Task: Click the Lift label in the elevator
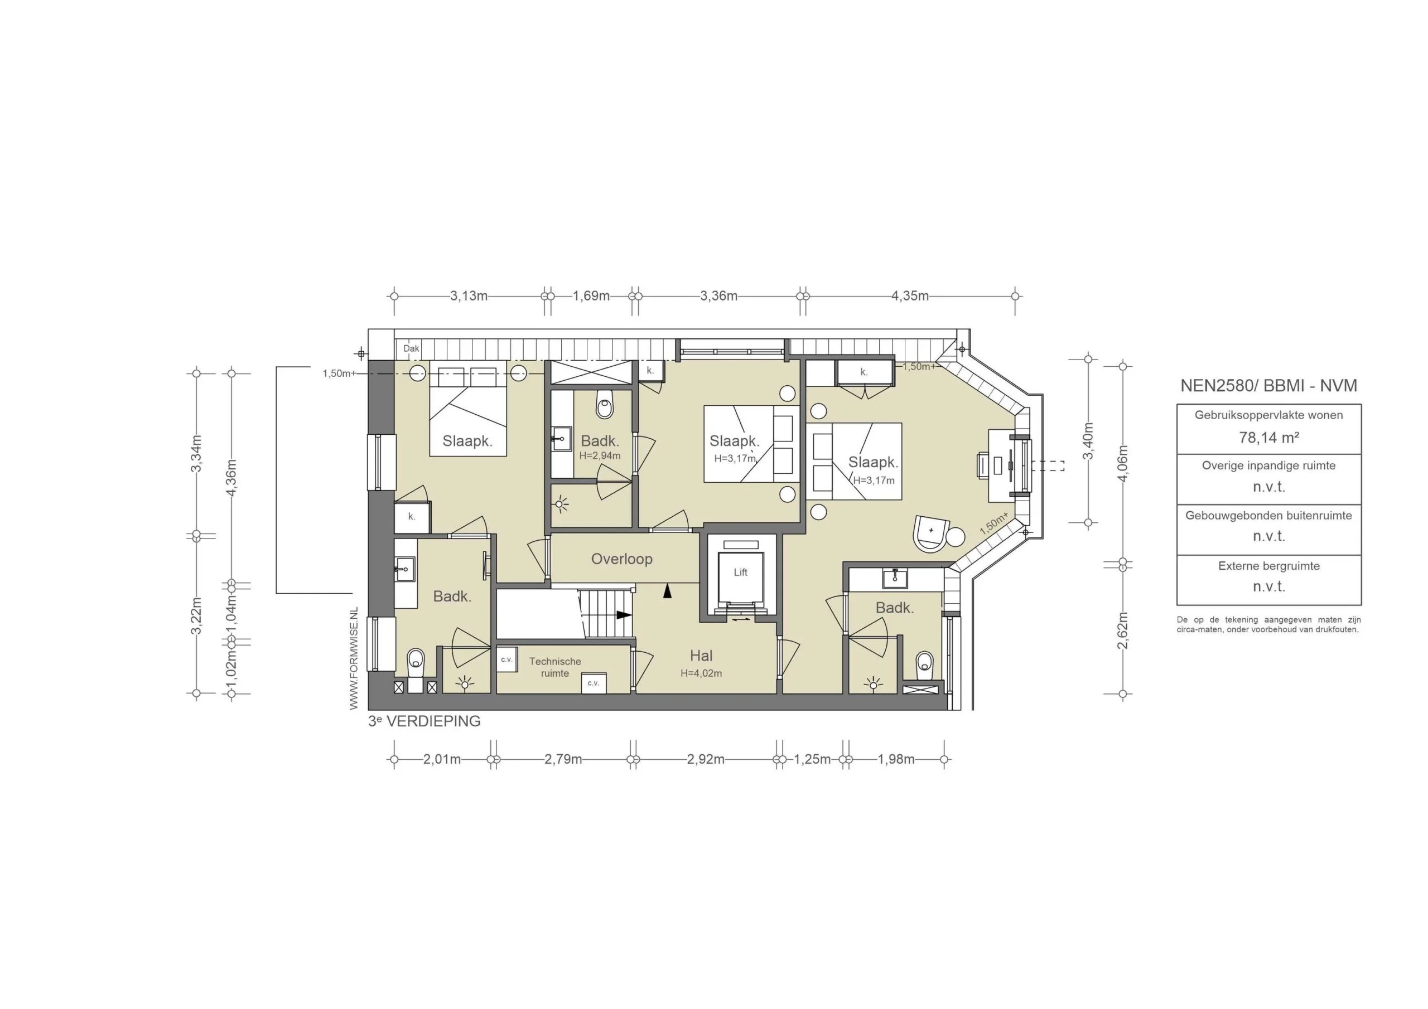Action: point(740,572)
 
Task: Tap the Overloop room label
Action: point(621,559)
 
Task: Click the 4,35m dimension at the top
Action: point(909,296)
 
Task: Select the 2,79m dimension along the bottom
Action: point(563,759)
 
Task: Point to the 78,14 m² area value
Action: point(1268,438)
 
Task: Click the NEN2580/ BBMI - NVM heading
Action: point(1268,385)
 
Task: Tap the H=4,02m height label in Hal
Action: point(701,673)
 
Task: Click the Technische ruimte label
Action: point(555,667)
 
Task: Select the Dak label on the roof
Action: point(411,349)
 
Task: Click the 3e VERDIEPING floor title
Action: point(424,721)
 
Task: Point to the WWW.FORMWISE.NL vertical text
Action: point(354,658)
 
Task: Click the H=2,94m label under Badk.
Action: point(600,455)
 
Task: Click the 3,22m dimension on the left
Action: point(196,615)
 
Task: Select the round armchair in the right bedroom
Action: point(930,533)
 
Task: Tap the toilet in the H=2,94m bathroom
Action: point(604,405)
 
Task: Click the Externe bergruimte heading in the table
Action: point(1268,566)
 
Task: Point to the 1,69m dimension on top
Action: point(591,296)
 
